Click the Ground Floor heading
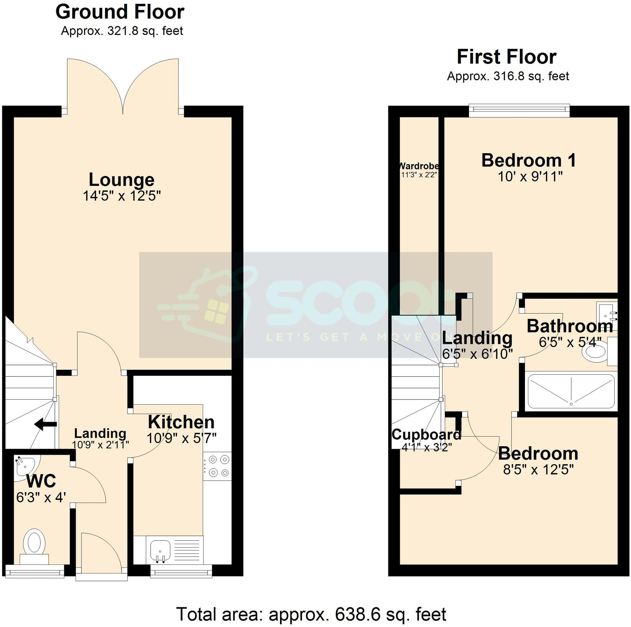click(120, 12)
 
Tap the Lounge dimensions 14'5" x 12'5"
click(122, 196)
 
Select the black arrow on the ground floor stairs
click(45, 424)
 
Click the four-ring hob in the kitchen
click(217, 466)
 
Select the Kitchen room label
click(181, 422)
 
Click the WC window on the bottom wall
click(35, 571)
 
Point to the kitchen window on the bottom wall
click(181, 571)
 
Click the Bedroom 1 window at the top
click(519, 110)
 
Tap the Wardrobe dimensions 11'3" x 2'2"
click(419, 175)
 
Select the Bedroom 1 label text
click(528, 160)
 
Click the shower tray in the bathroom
click(571, 391)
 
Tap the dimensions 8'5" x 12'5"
click(538, 470)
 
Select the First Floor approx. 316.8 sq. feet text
click(508, 76)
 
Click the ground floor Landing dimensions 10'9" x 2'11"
click(101, 445)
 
